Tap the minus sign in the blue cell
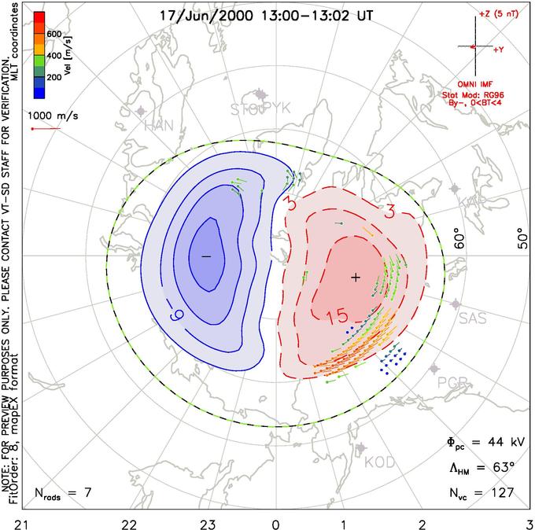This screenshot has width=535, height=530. click(x=206, y=256)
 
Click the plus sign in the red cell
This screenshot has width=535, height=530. click(x=356, y=277)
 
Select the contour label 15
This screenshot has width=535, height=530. click(x=337, y=317)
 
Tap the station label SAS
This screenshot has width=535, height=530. click(x=472, y=318)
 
